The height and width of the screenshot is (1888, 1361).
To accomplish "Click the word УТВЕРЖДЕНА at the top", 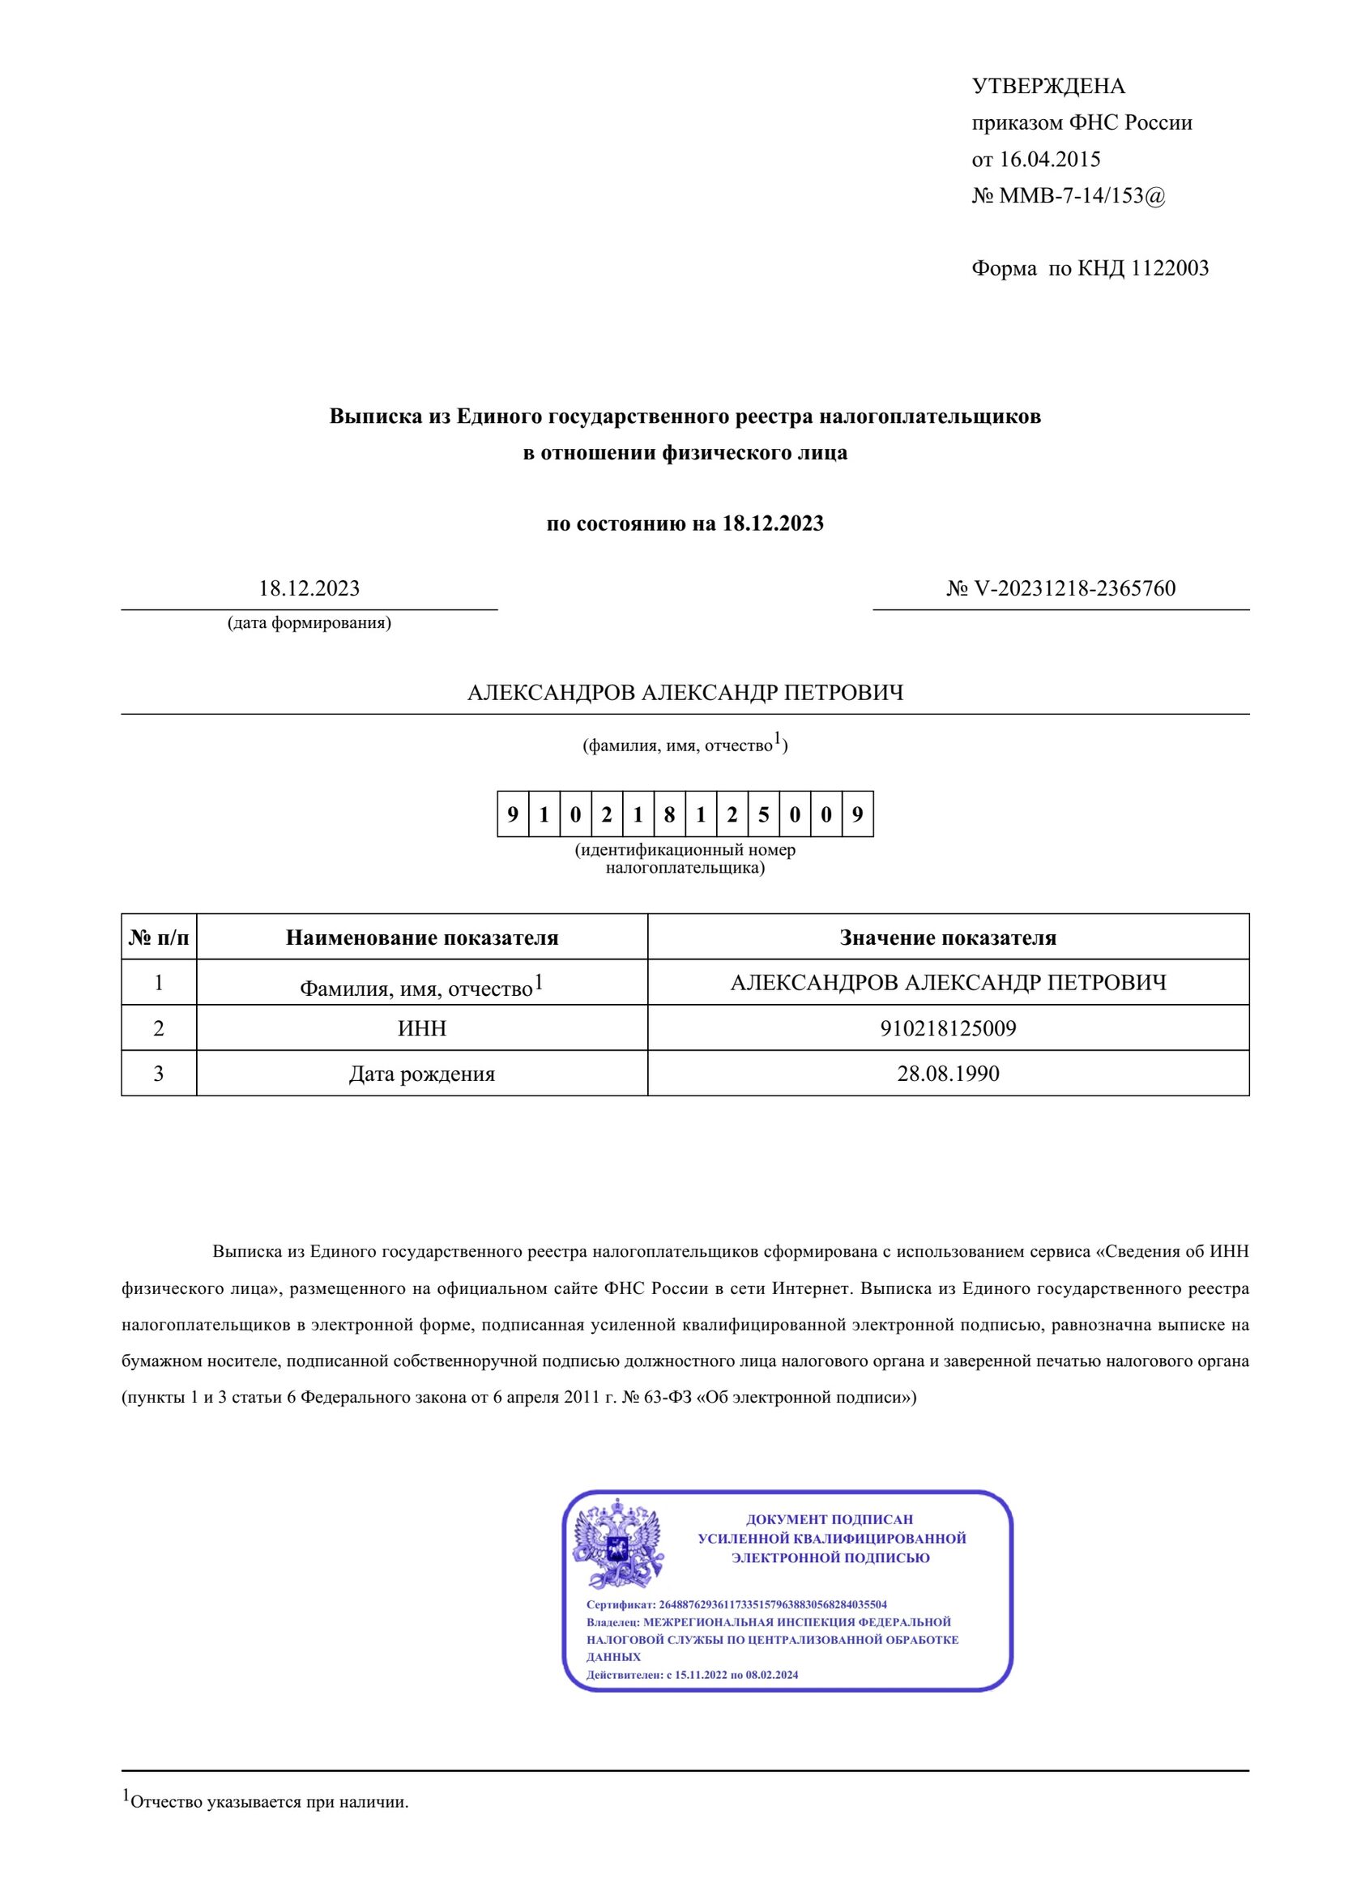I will click(x=1048, y=87).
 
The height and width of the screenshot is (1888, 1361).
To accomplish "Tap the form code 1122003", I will click(x=1169, y=269).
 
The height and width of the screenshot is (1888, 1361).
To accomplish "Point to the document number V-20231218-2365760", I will click(x=1074, y=588).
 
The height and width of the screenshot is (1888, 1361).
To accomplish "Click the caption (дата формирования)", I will click(x=309, y=622).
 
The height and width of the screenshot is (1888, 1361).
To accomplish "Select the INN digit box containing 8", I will click(x=669, y=814).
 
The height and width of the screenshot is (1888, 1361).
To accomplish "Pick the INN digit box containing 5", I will click(x=763, y=814).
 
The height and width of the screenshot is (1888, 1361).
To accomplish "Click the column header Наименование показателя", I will click(x=421, y=938).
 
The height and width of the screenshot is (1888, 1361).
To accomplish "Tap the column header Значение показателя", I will click(x=947, y=938).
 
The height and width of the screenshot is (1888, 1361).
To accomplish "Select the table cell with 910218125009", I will click(x=948, y=1028).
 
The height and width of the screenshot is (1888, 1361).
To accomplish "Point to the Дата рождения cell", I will click(x=421, y=1074).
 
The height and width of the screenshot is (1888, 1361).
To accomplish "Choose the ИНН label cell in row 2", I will click(x=421, y=1028).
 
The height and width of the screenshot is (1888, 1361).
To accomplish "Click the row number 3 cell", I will click(x=158, y=1074).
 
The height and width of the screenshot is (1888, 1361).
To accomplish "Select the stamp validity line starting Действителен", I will click(x=692, y=1674).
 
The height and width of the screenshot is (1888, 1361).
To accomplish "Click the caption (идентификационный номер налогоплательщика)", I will click(x=685, y=859).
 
